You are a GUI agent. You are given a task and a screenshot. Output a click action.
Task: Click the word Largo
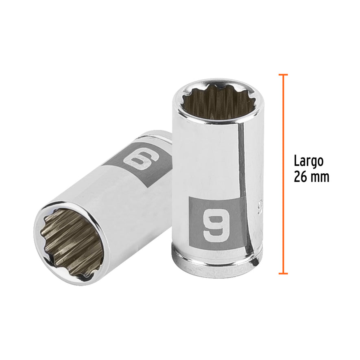coord(308,161)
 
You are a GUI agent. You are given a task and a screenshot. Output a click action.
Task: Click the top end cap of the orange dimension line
coord(284,75)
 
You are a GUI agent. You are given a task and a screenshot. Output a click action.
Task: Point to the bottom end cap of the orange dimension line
coord(284,273)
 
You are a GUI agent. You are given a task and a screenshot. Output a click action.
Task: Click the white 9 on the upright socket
coord(214,223)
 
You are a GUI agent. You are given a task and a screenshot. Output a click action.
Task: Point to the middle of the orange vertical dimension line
coord(284,174)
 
